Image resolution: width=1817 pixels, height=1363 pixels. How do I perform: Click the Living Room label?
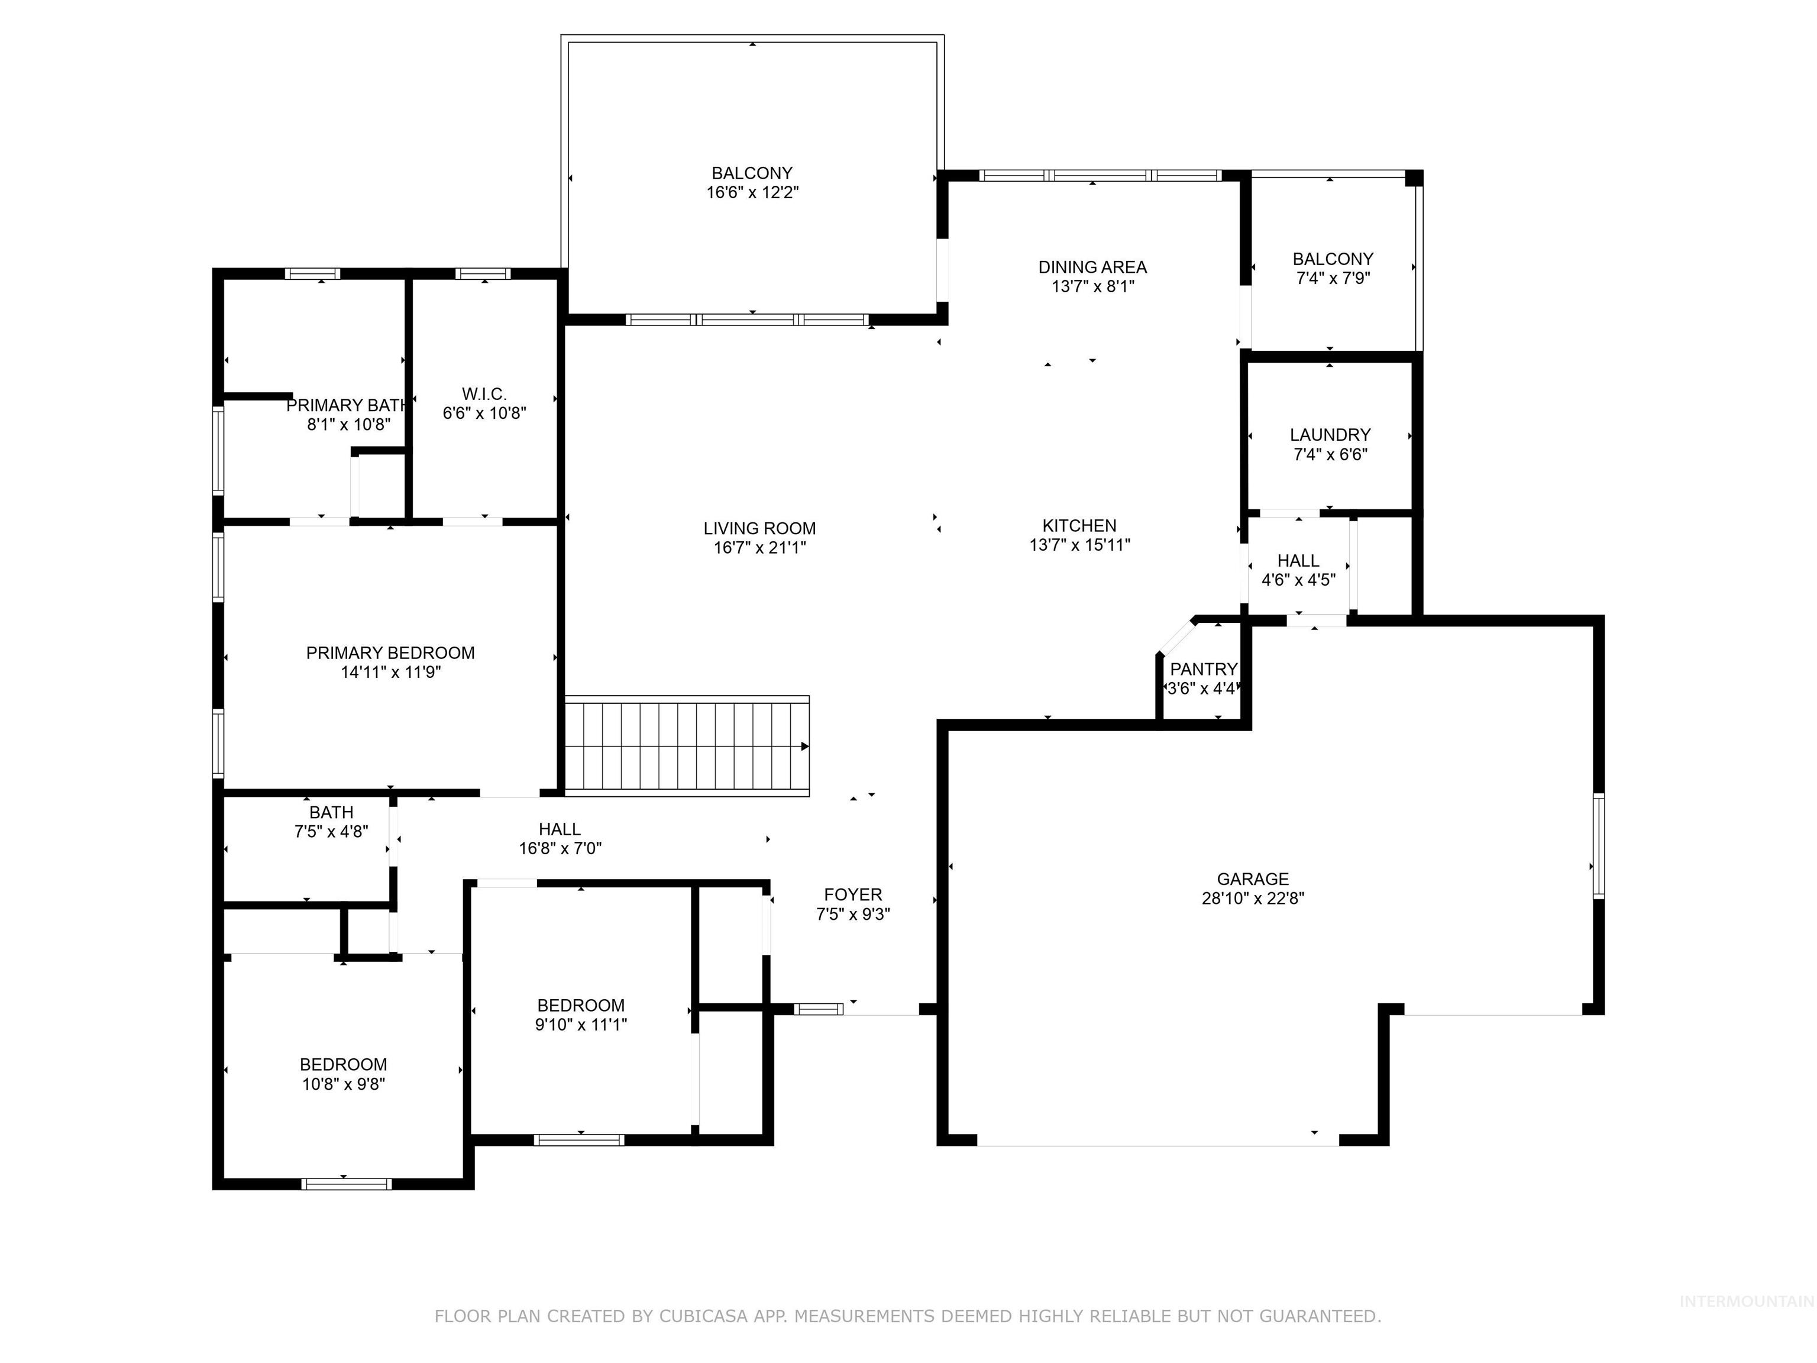point(759,528)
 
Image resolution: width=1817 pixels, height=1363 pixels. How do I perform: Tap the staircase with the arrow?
point(687,746)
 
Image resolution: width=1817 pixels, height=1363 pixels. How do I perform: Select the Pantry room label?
point(1204,668)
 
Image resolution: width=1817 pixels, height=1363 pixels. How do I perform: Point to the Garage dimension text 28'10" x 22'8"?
point(1253,899)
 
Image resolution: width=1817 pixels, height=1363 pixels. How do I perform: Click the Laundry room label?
point(1330,435)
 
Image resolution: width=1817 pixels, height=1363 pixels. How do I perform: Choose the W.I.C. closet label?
point(484,395)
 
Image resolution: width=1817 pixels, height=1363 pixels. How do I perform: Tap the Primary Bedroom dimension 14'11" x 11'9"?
point(390,672)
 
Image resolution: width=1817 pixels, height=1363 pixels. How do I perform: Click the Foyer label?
point(853,894)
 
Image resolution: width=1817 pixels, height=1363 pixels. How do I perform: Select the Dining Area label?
point(1092,267)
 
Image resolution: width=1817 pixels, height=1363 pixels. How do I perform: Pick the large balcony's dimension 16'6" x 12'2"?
point(752,193)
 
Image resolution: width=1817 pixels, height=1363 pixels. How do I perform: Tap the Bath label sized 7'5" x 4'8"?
point(331,813)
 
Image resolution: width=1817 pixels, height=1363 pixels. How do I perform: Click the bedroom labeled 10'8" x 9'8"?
point(344,1065)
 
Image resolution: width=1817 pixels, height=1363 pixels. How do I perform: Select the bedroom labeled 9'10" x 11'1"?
point(581,1006)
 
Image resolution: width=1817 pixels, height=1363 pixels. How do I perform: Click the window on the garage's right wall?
point(1599,846)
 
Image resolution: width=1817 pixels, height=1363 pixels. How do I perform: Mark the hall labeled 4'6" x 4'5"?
point(1298,561)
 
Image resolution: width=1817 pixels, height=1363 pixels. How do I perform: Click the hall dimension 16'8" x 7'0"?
point(560,849)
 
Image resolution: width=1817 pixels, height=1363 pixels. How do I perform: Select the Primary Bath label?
point(347,406)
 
